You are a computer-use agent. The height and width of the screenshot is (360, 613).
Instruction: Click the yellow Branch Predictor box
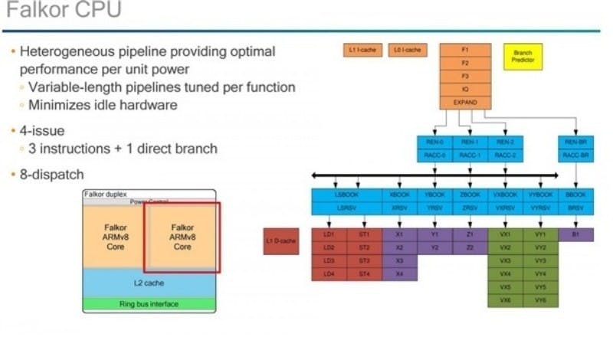(523, 56)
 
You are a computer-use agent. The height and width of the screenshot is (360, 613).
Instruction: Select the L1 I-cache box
(361, 50)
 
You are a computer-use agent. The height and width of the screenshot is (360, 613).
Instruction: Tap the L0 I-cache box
(407, 50)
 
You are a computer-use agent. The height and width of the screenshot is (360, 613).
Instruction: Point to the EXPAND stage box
(464, 102)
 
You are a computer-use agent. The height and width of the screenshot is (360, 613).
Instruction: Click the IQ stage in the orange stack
(464, 89)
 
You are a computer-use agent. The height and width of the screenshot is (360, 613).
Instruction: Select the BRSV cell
(575, 208)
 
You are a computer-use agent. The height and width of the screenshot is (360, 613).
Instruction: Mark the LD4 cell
(329, 273)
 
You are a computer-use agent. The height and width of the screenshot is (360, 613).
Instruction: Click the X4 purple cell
(399, 273)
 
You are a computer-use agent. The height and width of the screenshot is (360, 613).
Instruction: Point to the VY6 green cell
(541, 300)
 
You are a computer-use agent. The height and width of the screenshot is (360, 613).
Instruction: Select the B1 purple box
(575, 234)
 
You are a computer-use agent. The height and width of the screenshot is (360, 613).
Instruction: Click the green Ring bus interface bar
(149, 304)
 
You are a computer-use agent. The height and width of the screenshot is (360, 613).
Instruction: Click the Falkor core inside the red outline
(182, 237)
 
